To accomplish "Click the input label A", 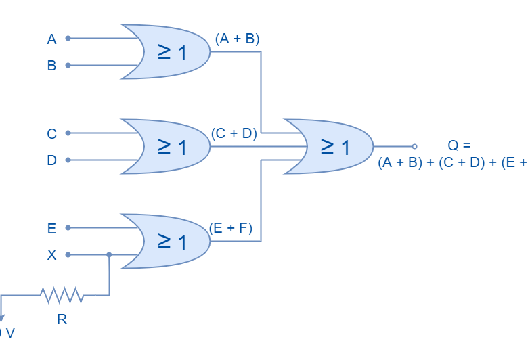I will pos(51,39).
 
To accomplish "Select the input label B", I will pos(51,66).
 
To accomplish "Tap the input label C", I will pos(51,134).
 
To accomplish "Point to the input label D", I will pos(51,161).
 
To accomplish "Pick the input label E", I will pos(51,229).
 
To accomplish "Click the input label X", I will pos(51,256).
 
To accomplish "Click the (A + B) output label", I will pos(237,39).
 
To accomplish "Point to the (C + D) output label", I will pos(234,134).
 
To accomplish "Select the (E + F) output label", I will pos(231,229).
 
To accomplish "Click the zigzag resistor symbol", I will pos(62,295).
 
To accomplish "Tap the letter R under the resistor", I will pos(62,319).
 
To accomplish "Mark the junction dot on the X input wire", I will pos(109,255).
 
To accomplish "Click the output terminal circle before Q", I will pos(414,146).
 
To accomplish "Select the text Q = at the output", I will pos(458,145).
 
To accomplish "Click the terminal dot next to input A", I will pos(68,39).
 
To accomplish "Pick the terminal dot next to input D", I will pos(68,160).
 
